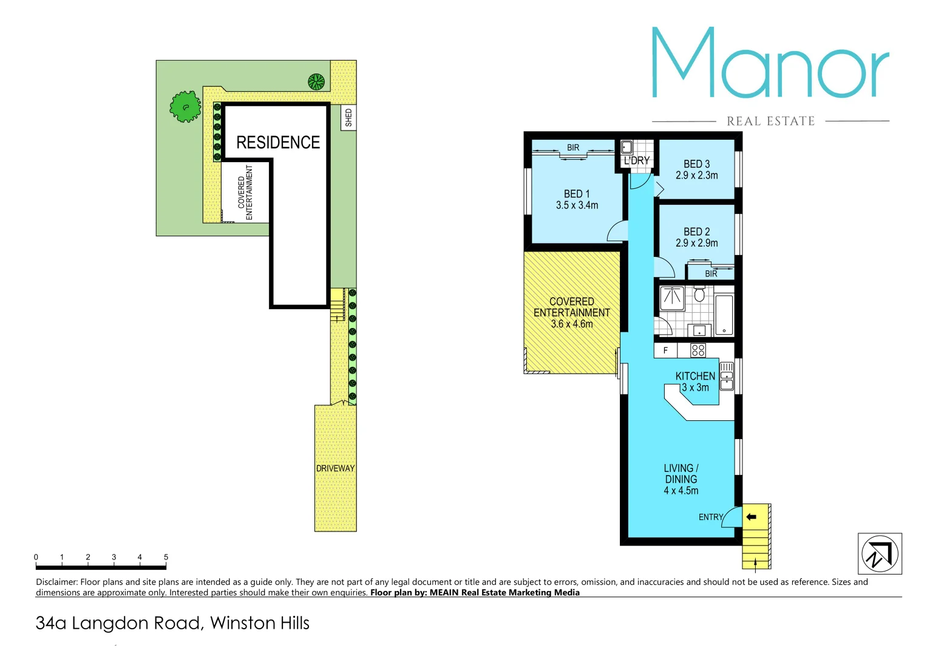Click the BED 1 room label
click(576, 194)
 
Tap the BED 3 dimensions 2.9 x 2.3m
click(696, 176)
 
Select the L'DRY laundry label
click(636, 160)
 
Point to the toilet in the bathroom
click(699, 295)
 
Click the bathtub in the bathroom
click(724, 315)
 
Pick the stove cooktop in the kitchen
click(698, 350)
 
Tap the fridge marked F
click(665, 350)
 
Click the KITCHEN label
click(695, 376)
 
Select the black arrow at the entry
click(751, 517)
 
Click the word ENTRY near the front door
click(711, 517)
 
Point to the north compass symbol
click(879, 553)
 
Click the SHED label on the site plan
click(348, 117)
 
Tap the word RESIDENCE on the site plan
click(277, 142)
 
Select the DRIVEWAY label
click(335, 468)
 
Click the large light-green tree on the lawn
click(185, 107)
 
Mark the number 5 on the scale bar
click(166, 557)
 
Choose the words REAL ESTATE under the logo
click(770, 121)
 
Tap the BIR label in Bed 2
click(711, 274)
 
